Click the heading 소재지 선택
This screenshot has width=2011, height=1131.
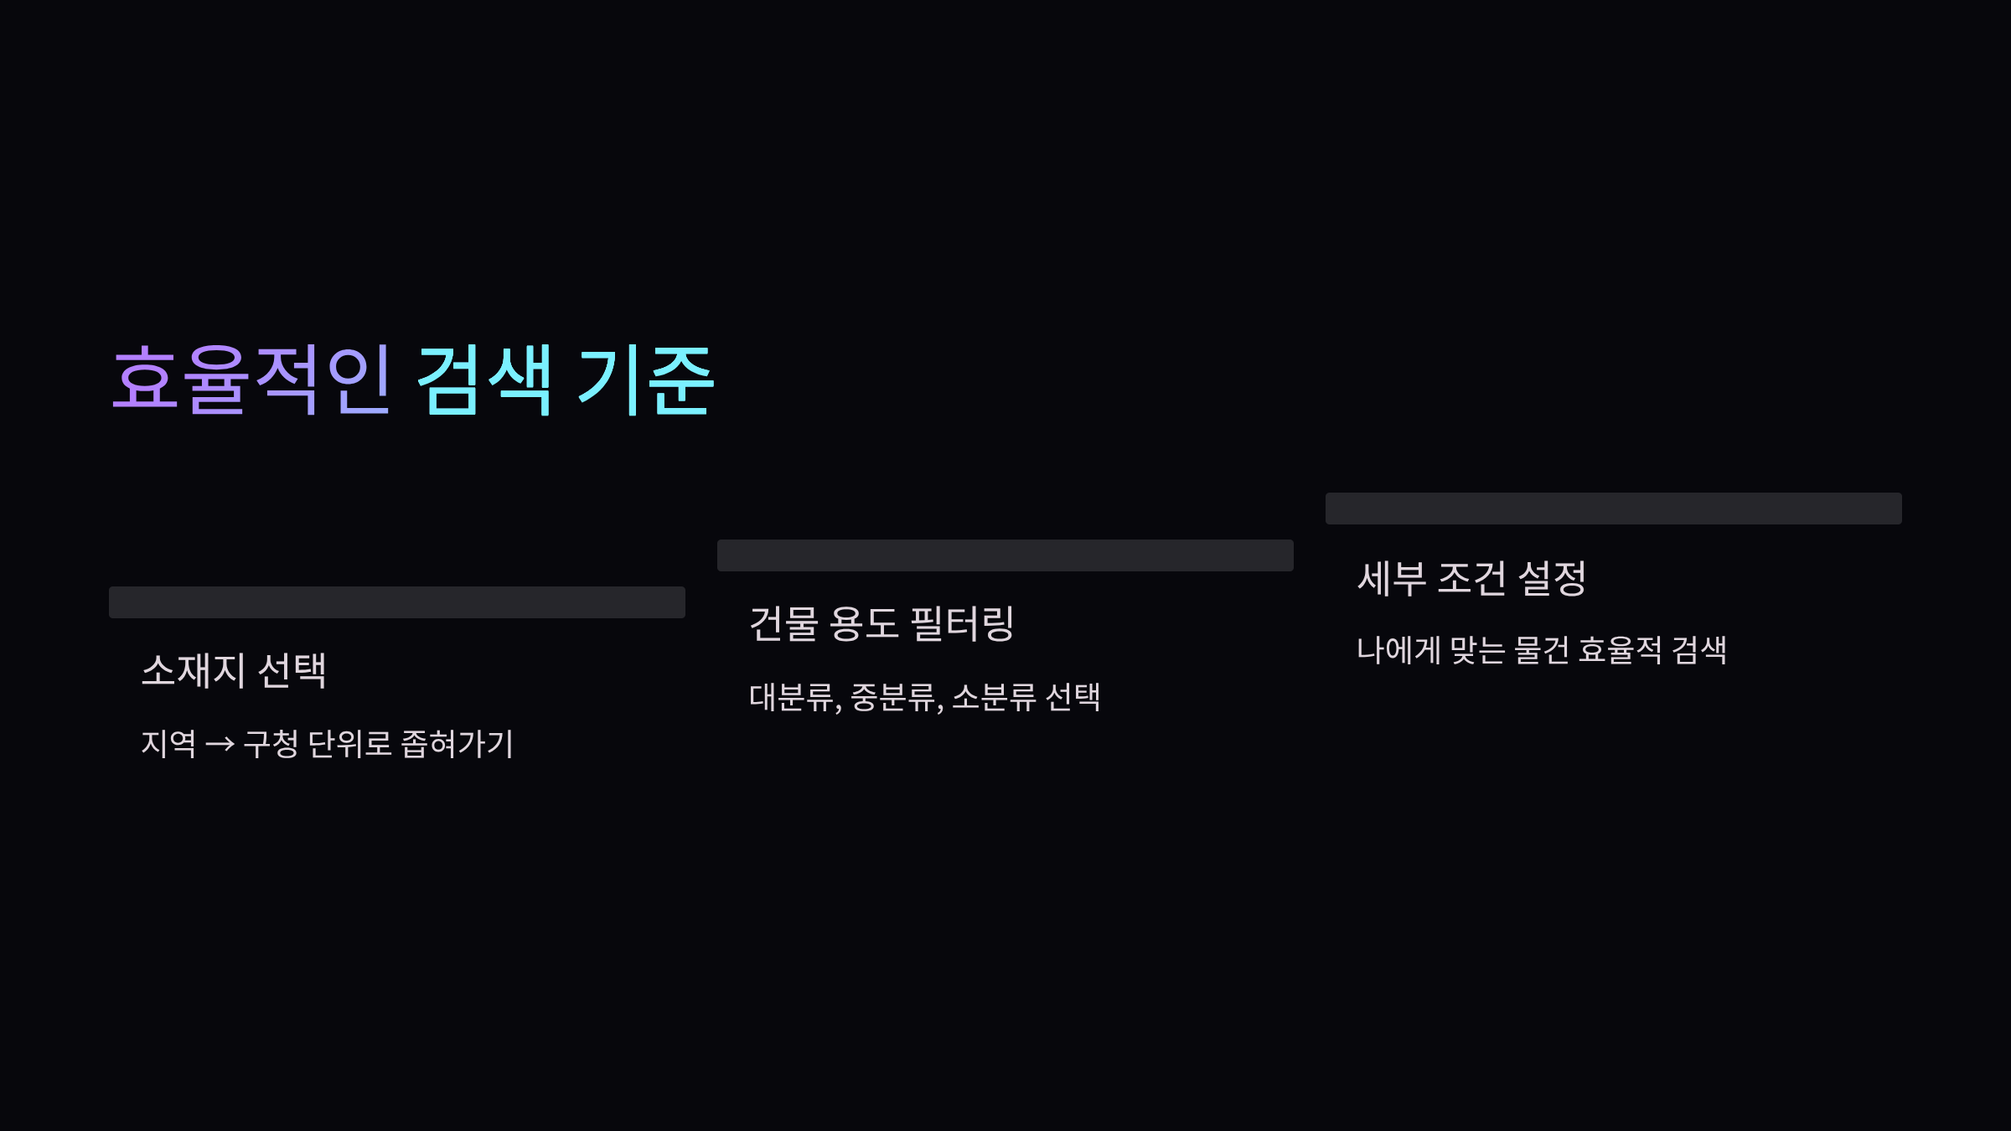pos(234,670)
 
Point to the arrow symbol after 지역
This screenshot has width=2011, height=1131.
pos(220,744)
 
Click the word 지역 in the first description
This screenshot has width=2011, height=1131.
pos(168,744)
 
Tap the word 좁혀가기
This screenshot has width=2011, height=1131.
pos(457,744)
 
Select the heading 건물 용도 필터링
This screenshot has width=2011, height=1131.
pos(881,624)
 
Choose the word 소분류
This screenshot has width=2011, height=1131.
pos(994,697)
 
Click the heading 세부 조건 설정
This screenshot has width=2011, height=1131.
pos(1471,578)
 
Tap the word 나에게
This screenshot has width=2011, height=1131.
pos(1398,650)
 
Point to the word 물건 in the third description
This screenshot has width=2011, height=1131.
pos(1542,650)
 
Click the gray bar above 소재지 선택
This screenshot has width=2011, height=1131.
pos(397,602)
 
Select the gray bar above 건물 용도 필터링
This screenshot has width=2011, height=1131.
pos(1005,555)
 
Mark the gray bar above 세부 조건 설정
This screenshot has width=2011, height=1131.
pos(1614,509)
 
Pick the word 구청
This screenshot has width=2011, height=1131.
pos(271,744)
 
